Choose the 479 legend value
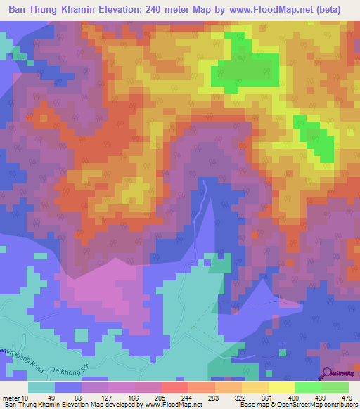(x=345, y=398)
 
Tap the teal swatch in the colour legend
(x=41, y=387)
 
